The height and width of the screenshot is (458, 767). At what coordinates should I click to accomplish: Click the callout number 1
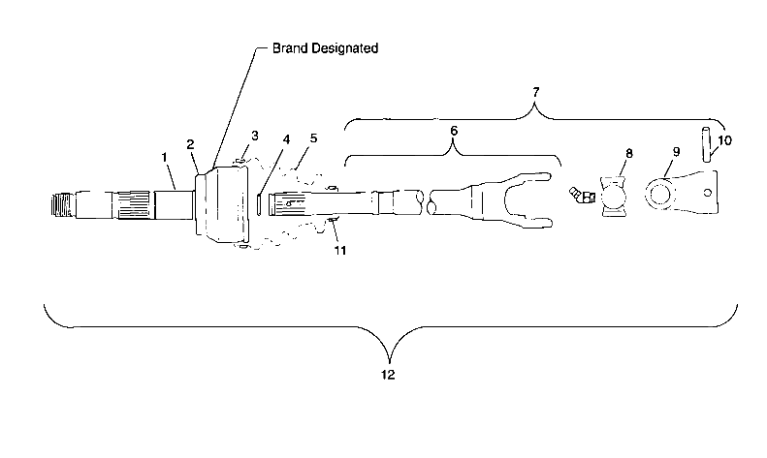(x=166, y=156)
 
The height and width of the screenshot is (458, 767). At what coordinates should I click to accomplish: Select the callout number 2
(x=191, y=144)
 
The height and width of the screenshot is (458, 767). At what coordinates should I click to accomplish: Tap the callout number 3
(x=254, y=136)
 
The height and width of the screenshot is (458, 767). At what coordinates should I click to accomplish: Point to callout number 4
(x=285, y=140)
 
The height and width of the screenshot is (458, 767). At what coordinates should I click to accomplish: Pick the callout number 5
(x=312, y=138)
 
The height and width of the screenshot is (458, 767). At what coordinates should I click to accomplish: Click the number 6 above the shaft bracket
(x=453, y=130)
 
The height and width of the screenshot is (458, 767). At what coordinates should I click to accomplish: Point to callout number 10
(x=725, y=140)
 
